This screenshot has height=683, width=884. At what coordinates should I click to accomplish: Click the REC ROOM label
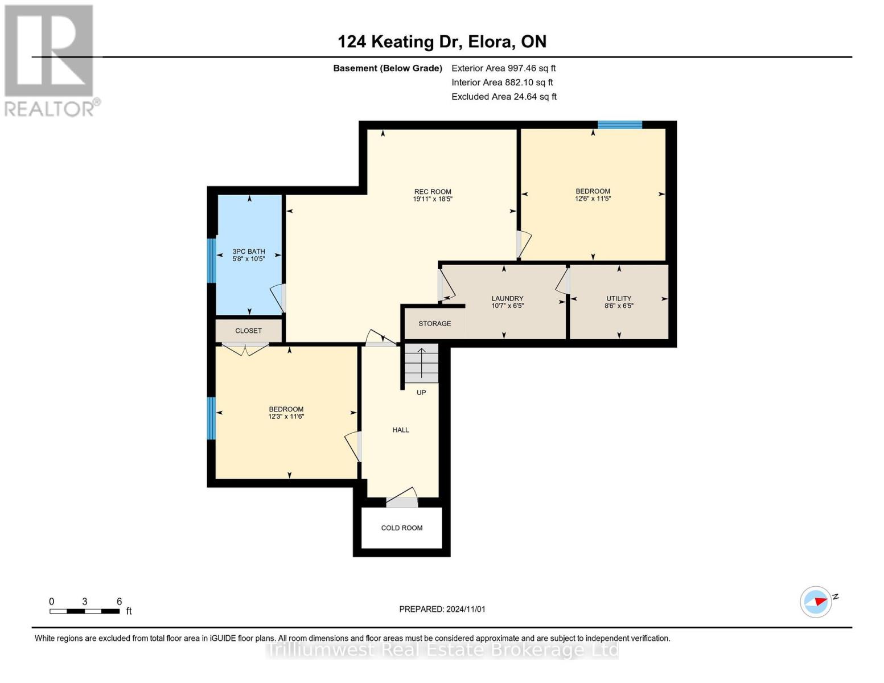[x=433, y=192]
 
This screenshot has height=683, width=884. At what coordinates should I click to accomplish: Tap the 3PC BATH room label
[x=249, y=252]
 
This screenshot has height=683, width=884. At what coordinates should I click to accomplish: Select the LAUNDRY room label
[x=507, y=298]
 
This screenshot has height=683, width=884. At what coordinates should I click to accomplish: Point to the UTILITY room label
[x=618, y=298]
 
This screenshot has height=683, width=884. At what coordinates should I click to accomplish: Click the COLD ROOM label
[x=401, y=528]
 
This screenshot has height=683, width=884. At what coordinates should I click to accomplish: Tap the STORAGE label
[x=434, y=323]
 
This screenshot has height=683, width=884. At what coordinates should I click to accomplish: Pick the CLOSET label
[x=248, y=331]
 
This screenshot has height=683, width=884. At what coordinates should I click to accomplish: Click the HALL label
[x=401, y=430]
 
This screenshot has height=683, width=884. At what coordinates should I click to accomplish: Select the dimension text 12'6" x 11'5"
[x=593, y=199]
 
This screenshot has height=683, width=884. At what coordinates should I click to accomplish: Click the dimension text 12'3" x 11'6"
[x=286, y=417]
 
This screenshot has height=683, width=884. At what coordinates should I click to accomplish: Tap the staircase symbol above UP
[x=421, y=363]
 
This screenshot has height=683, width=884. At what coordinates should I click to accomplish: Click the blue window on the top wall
[x=619, y=125]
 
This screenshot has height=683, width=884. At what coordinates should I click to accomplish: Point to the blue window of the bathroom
[x=212, y=260]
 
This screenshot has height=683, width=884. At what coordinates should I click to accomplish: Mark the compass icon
[x=816, y=602]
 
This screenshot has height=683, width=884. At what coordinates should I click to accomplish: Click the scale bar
[x=85, y=611]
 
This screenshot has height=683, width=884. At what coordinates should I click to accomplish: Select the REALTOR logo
[x=50, y=61]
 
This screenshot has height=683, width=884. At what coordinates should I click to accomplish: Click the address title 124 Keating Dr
[x=400, y=42]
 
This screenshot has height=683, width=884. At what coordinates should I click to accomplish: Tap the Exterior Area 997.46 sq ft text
[x=503, y=68]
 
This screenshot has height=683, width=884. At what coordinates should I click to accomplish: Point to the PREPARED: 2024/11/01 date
[x=442, y=609]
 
